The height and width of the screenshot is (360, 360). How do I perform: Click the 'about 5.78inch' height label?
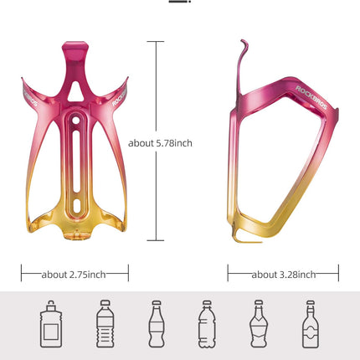click(161, 143)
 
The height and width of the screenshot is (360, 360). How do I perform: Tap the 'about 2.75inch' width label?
click(75, 274)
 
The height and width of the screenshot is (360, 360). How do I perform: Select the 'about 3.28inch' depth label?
click(283, 274)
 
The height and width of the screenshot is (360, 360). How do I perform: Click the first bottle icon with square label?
click(49, 324)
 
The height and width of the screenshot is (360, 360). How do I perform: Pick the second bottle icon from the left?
click(103, 324)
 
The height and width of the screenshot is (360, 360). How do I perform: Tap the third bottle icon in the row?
click(156, 324)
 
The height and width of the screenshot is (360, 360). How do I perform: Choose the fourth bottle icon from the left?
click(206, 324)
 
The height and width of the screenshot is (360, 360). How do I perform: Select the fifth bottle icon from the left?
click(258, 324)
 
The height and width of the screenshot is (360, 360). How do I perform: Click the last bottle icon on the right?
click(310, 324)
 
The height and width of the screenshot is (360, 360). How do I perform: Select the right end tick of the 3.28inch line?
click(338, 274)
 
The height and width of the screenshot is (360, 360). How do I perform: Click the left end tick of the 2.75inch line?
click(21, 274)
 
